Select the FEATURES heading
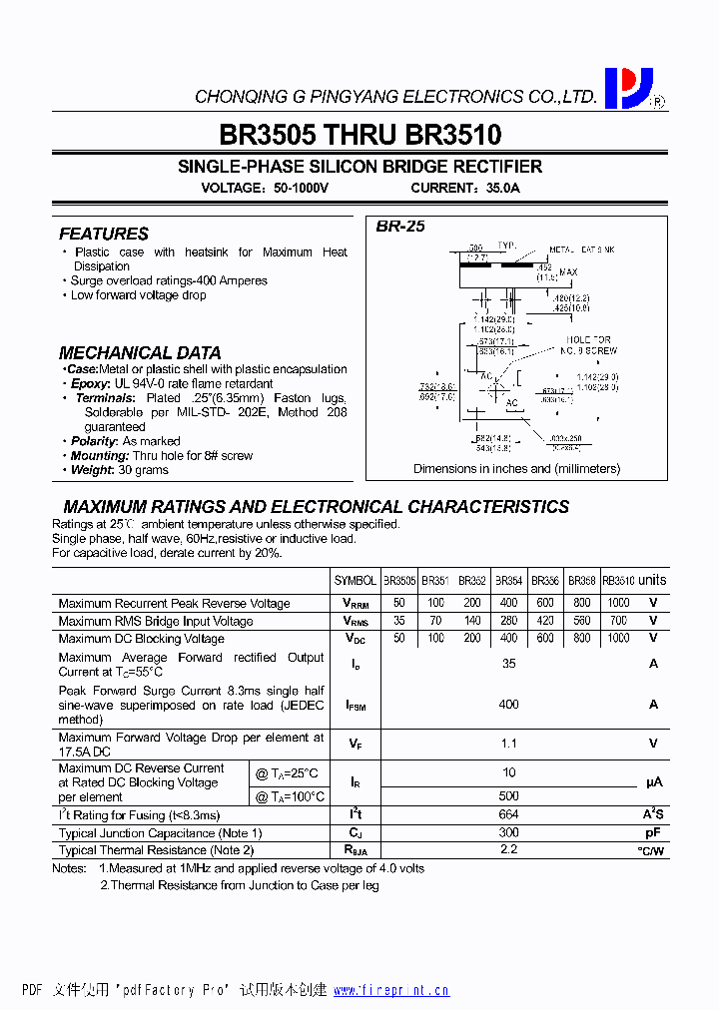click(x=104, y=234)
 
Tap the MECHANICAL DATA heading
click(x=140, y=352)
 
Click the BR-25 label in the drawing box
click(x=400, y=227)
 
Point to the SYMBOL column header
click(x=356, y=581)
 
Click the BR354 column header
click(x=508, y=581)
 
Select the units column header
click(x=652, y=580)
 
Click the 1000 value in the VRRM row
click(x=618, y=603)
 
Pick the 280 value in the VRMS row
click(x=508, y=621)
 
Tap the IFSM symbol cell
click(x=356, y=705)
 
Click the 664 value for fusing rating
click(x=508, y=814)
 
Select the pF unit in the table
click(x=653, y=832)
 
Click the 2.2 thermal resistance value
click(x=508, y=849)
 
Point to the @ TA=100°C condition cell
click(x=291, y=796)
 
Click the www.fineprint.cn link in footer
click(x=390, y=990)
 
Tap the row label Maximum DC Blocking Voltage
click(x=141, y=638)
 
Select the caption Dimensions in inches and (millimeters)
click(x=516, y=468)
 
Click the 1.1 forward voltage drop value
click(x=508, y=743)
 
